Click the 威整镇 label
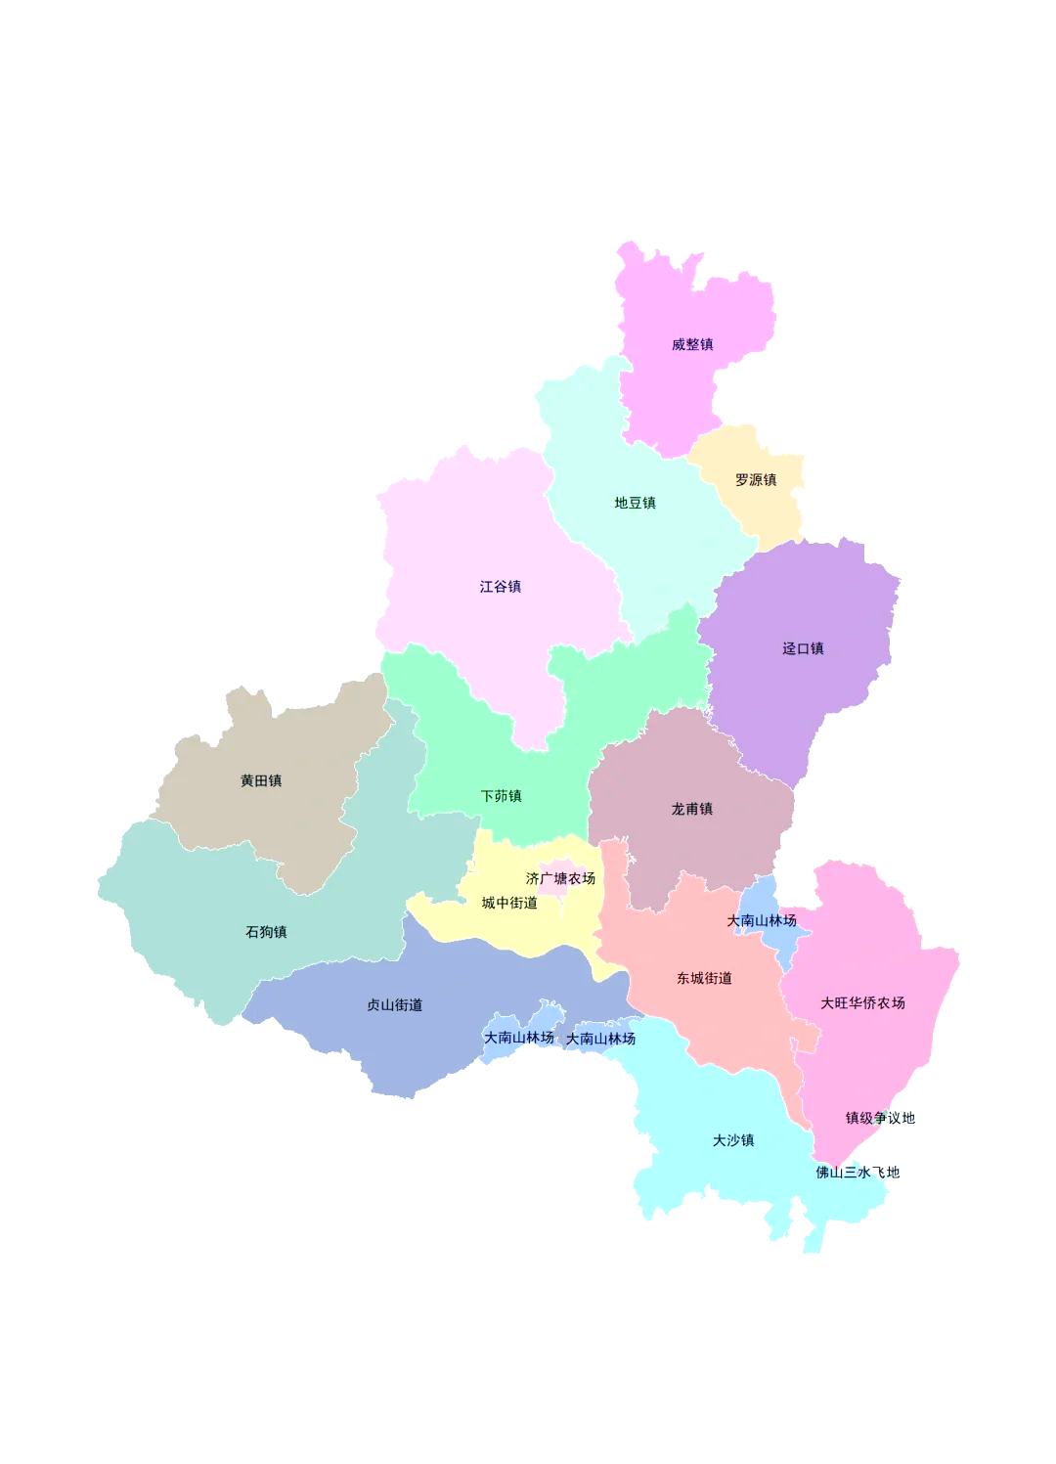(x=692, y=344)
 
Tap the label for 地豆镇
(x=635, y=503)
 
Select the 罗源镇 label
(x=756, y=480)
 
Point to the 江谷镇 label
(x=500, y=587)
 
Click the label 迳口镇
(x=803, y=648)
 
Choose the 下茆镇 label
(x=501, y=796)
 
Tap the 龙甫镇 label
(x=691, y=809)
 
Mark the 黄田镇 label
(x=261, y=780)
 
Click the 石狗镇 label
(x=266, y=932)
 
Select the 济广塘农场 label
(x=560, y=878)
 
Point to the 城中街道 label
(x=509, y=903)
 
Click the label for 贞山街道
(x=394, y=1004)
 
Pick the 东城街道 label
(x=704, y=978)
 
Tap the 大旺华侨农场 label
(x=862, y=1002)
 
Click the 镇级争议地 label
(x=880, y=1118)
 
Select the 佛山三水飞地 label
(x=858, y=1172)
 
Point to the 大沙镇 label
(x=733, y=1140)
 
